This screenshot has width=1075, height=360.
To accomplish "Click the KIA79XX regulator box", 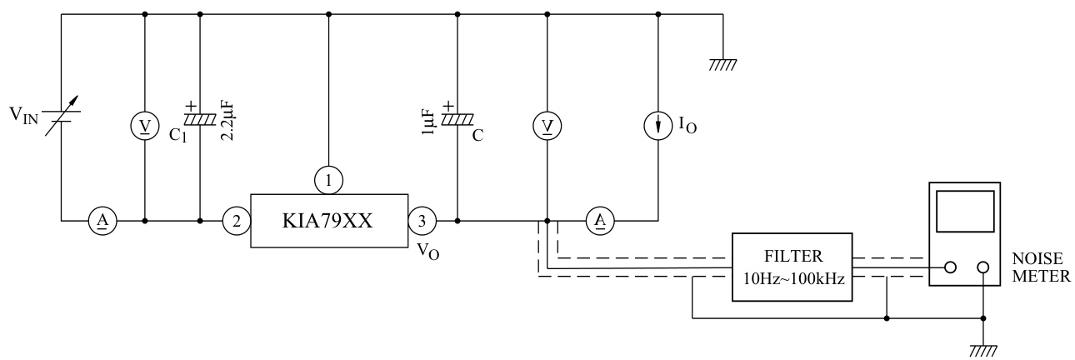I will (x=328, y=222).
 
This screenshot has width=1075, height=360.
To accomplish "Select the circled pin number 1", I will (x=329, y=178).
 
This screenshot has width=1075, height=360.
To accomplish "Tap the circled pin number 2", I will (x=236, y=222).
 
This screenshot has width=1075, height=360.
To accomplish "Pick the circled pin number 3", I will (x=422, y=222).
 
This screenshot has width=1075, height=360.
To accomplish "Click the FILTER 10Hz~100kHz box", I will (x=792, y=269).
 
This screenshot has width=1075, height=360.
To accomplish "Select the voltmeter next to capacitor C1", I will (x=146, y=125).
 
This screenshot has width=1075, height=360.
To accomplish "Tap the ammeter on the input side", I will (x=102, y=222).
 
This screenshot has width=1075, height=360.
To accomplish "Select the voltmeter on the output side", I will (x=547, y=125).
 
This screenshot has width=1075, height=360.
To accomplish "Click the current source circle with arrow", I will (x=659, y=125).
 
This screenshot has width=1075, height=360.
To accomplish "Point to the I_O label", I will (x=688, y=127).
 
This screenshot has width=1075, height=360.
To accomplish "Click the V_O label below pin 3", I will (x=427, y=251).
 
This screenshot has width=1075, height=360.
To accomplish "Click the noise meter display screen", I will (x=965, y=211).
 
